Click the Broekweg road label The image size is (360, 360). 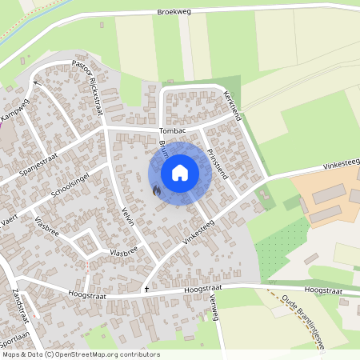tap(174, 12)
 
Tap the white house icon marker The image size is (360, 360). tap(180, 173)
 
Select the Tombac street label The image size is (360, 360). tap(172, 130)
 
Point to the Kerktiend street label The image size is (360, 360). tap(234, 103)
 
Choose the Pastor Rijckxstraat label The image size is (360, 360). tap(89, 86)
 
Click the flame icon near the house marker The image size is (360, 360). tap(156, 190)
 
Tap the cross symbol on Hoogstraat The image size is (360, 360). tap(146, 287)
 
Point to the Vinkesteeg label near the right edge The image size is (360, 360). tap(342, 164)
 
